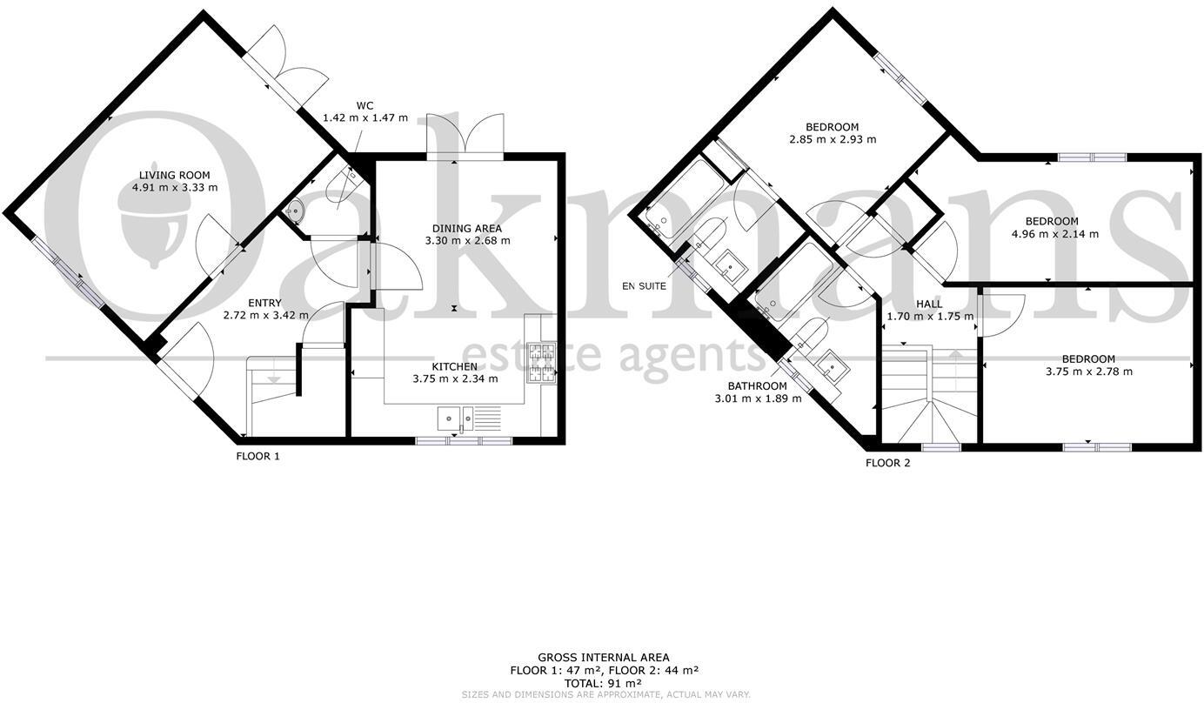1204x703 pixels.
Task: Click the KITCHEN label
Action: [x=455, y=366]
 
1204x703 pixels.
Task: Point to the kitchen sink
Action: [x=456, y=418]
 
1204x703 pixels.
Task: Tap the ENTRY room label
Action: [x=264, y=302]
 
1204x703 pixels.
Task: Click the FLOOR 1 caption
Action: [x=258, y=456]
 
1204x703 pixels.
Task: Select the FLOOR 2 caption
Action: [x=887, y=463]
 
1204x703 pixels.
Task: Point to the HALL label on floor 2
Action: [x=929, y=304]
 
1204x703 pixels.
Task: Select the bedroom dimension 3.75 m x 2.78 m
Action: [x=1088, y=372]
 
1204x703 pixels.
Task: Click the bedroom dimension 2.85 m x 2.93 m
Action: [x=832, y=139]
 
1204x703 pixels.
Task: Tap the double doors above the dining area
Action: [x=465, y=136]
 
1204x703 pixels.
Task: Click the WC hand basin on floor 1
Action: [x=295, y=211]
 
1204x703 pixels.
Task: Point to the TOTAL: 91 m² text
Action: [x=604, y=683]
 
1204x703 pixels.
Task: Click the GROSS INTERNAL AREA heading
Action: [x=604, y=658]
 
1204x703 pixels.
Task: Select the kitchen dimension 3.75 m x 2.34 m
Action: [x=455, y=378]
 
